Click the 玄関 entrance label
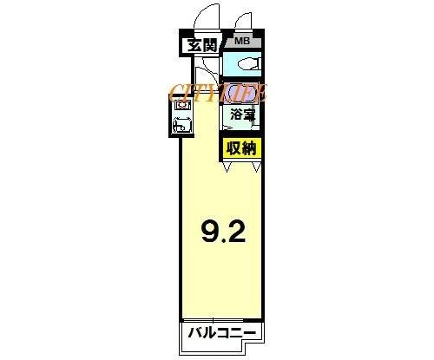(202, 45)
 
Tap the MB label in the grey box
(242, 41)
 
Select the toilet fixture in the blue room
(249, 63)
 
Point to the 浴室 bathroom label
(243, 115)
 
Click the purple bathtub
(241, 93)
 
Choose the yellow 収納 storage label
(241, 148)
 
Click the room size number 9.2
(223, 232)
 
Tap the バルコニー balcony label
(222, 333)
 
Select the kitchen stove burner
(181, 105)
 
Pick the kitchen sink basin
(181, 125)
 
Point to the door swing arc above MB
(242, 20)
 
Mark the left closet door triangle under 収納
(227, 167)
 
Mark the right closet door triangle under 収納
(257, 167)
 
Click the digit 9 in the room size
(210, 232)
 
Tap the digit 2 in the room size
(236, 232)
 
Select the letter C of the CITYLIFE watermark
(175, 93)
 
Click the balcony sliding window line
(213, 321)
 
